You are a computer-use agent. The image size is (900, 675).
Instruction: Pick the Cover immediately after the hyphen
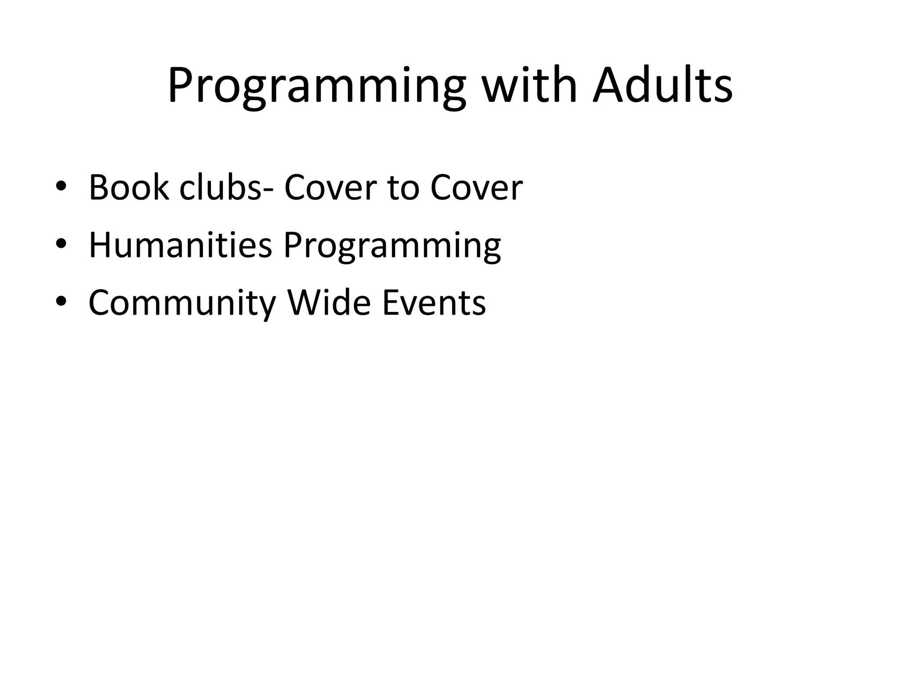point(329,188)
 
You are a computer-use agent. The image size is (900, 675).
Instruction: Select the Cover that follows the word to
point(476,188)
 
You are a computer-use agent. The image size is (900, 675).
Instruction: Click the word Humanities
point(180,245)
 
